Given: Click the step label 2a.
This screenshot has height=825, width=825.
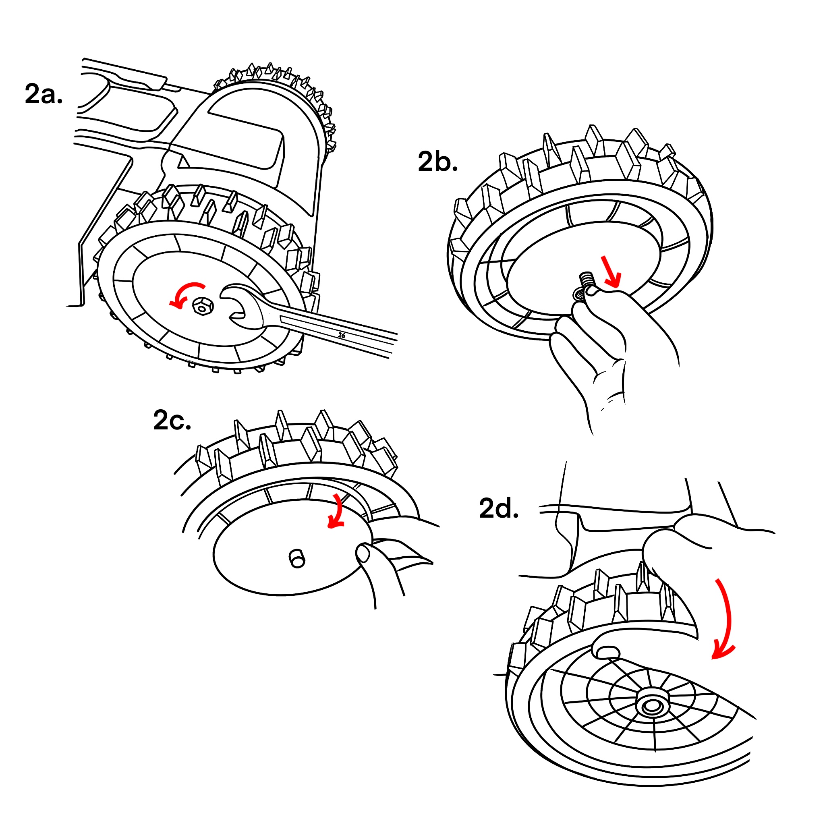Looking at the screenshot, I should point(44,94).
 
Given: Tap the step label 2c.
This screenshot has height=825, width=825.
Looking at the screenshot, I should point(172,421).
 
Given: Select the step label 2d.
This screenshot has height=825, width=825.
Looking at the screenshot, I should point(499,509).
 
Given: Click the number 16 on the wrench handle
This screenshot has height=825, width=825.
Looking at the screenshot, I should point(342,335).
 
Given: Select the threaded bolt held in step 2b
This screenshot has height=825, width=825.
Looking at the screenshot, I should point(587,283).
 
